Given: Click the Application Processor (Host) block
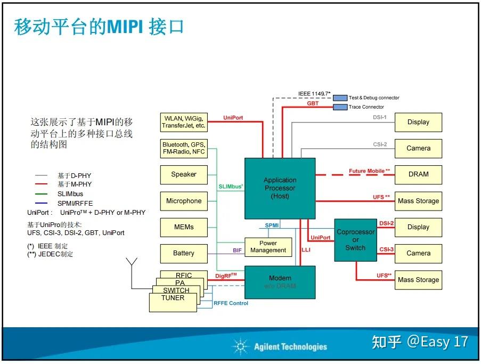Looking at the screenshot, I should coord(280,188).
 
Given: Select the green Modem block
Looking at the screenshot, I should coord(280,282).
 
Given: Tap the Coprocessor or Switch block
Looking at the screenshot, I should coord(355,240).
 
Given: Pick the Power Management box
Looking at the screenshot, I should coord(268,247).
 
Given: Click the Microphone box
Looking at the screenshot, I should coord(184,201).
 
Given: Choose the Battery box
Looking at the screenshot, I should coord(184,253).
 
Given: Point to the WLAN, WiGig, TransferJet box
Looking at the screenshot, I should coord(184,122).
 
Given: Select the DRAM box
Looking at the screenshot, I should coord(418,174).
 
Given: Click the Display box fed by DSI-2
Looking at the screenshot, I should coord(418,227).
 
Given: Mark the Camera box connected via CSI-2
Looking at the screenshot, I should coord(418,148).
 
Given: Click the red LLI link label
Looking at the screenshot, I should coord(306,249).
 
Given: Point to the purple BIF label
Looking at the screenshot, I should coord(237,250).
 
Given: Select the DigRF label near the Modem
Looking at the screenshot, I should coord(226,276).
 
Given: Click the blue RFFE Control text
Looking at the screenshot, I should coord(231,303).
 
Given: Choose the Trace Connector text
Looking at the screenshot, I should coord(366,107).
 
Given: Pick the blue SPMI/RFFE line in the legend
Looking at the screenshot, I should coord(40,203).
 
